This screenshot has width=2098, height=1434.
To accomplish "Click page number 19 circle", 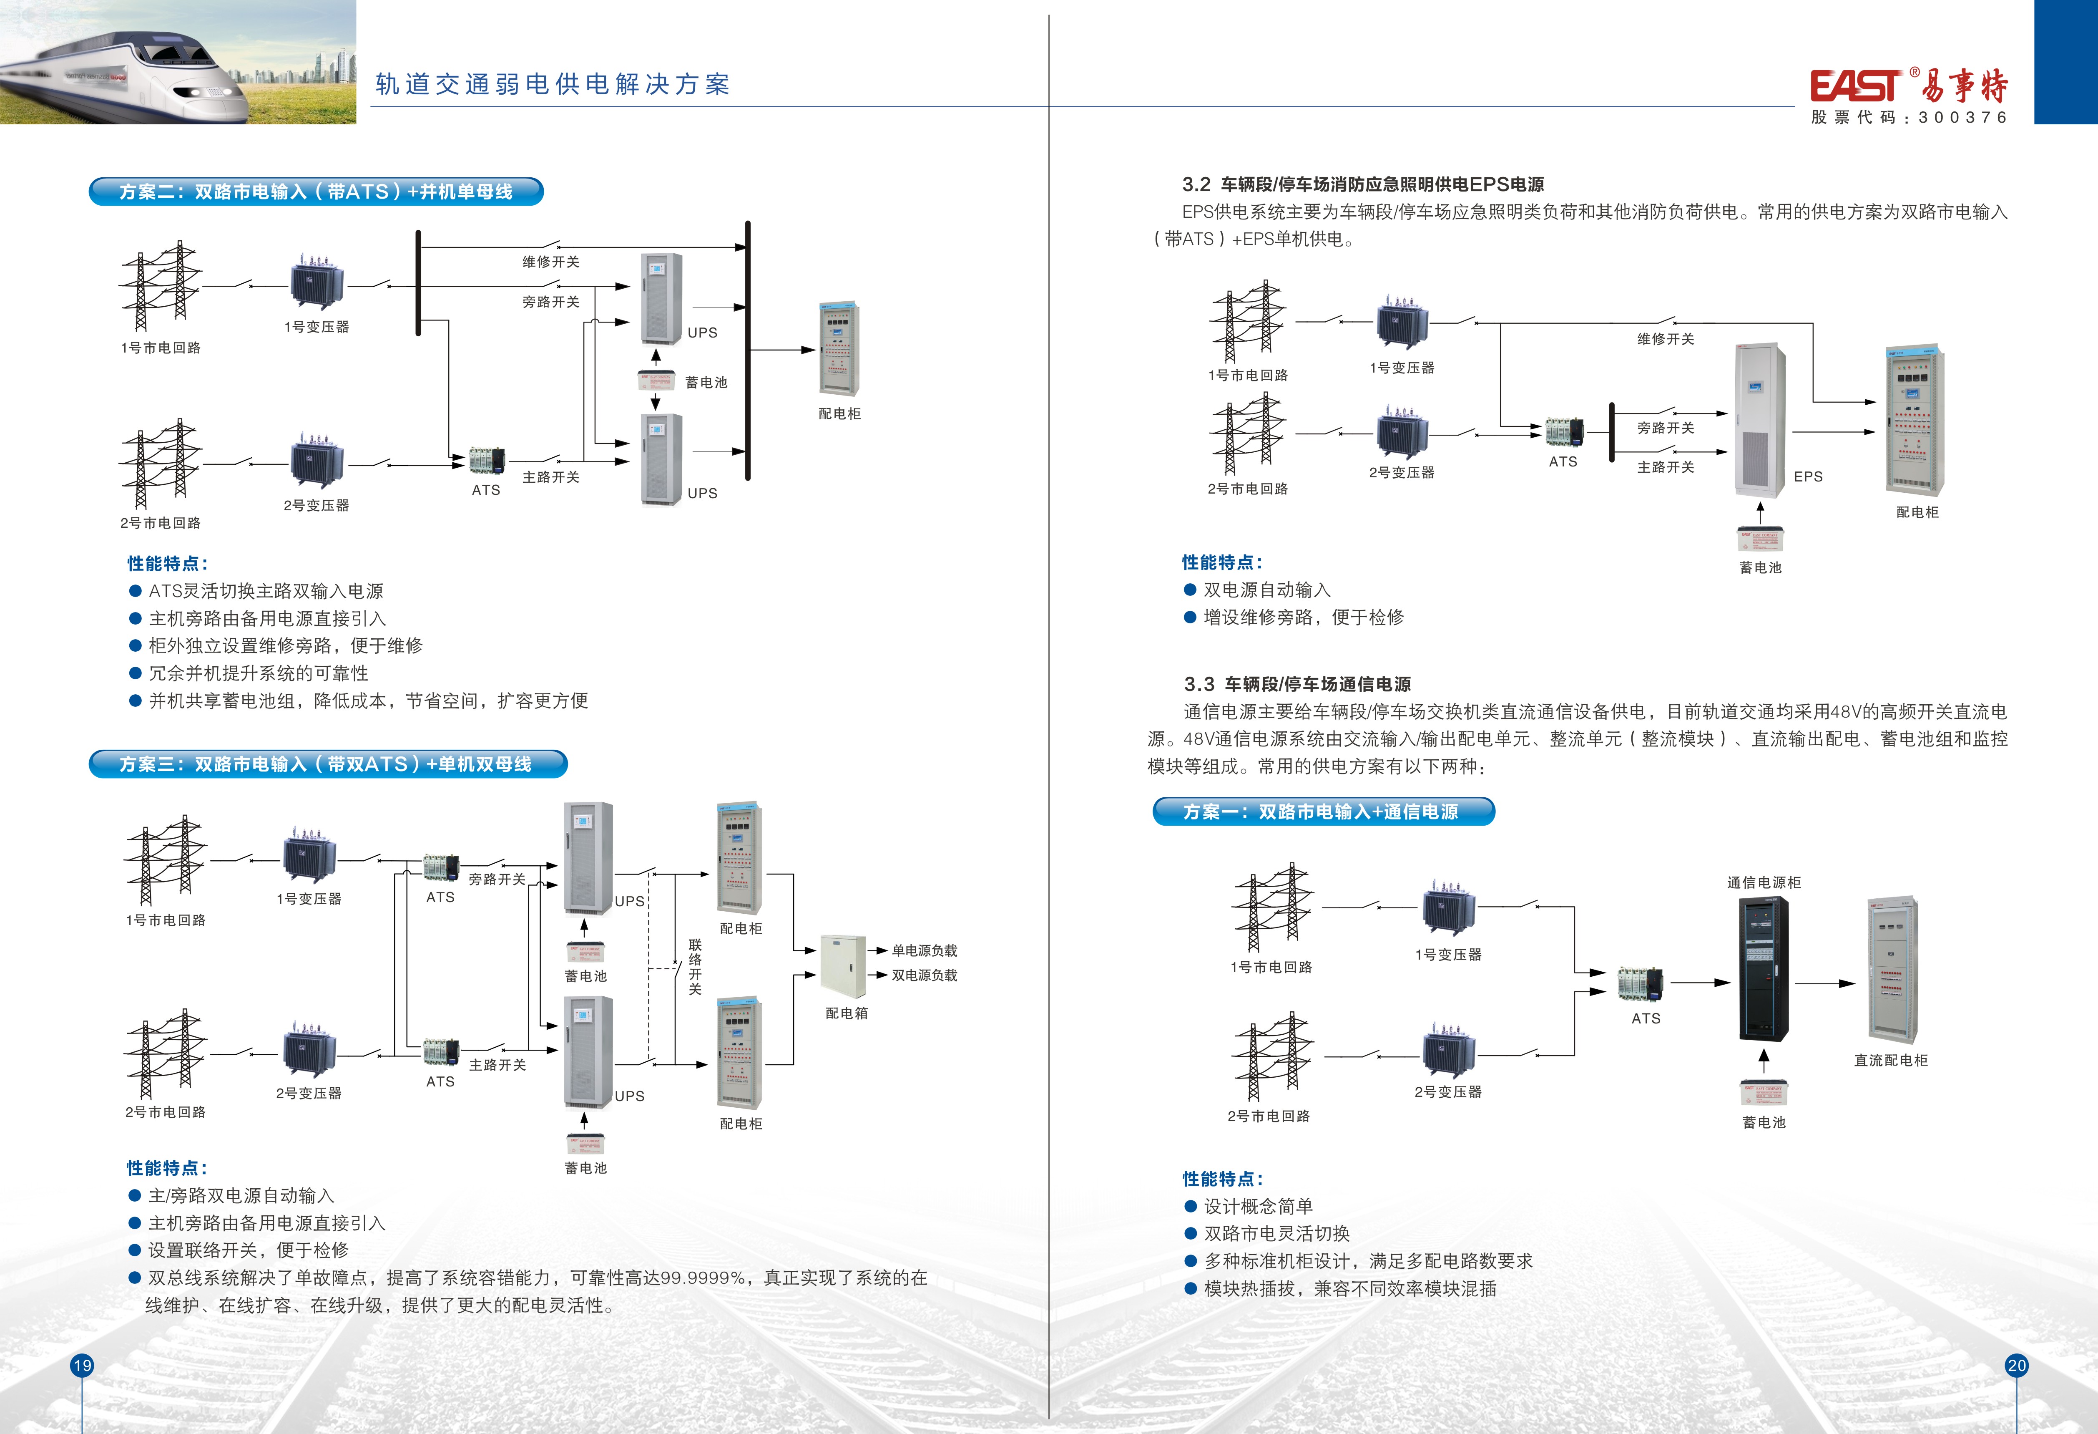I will click(x=82, y=1364).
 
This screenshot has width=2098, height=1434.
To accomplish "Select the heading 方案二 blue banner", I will click(x=316, y=192).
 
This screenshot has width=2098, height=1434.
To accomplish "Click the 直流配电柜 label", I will click(x=1890, y=1060).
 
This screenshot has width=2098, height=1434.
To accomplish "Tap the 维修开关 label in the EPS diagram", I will click(x=1666, y=339).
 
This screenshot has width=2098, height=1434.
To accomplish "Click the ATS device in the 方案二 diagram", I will click(x=487, y=461).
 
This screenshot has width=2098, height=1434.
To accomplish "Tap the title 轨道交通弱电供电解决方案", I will click(x=553, y=84).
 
